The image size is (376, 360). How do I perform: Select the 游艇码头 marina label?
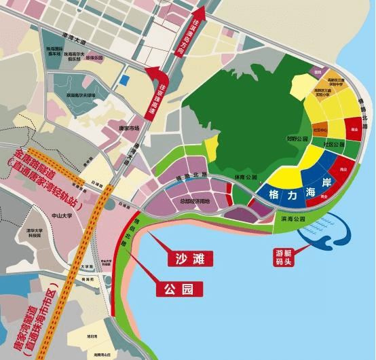[x=283, y=257]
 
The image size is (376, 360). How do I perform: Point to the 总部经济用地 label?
[x=195, y=201]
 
